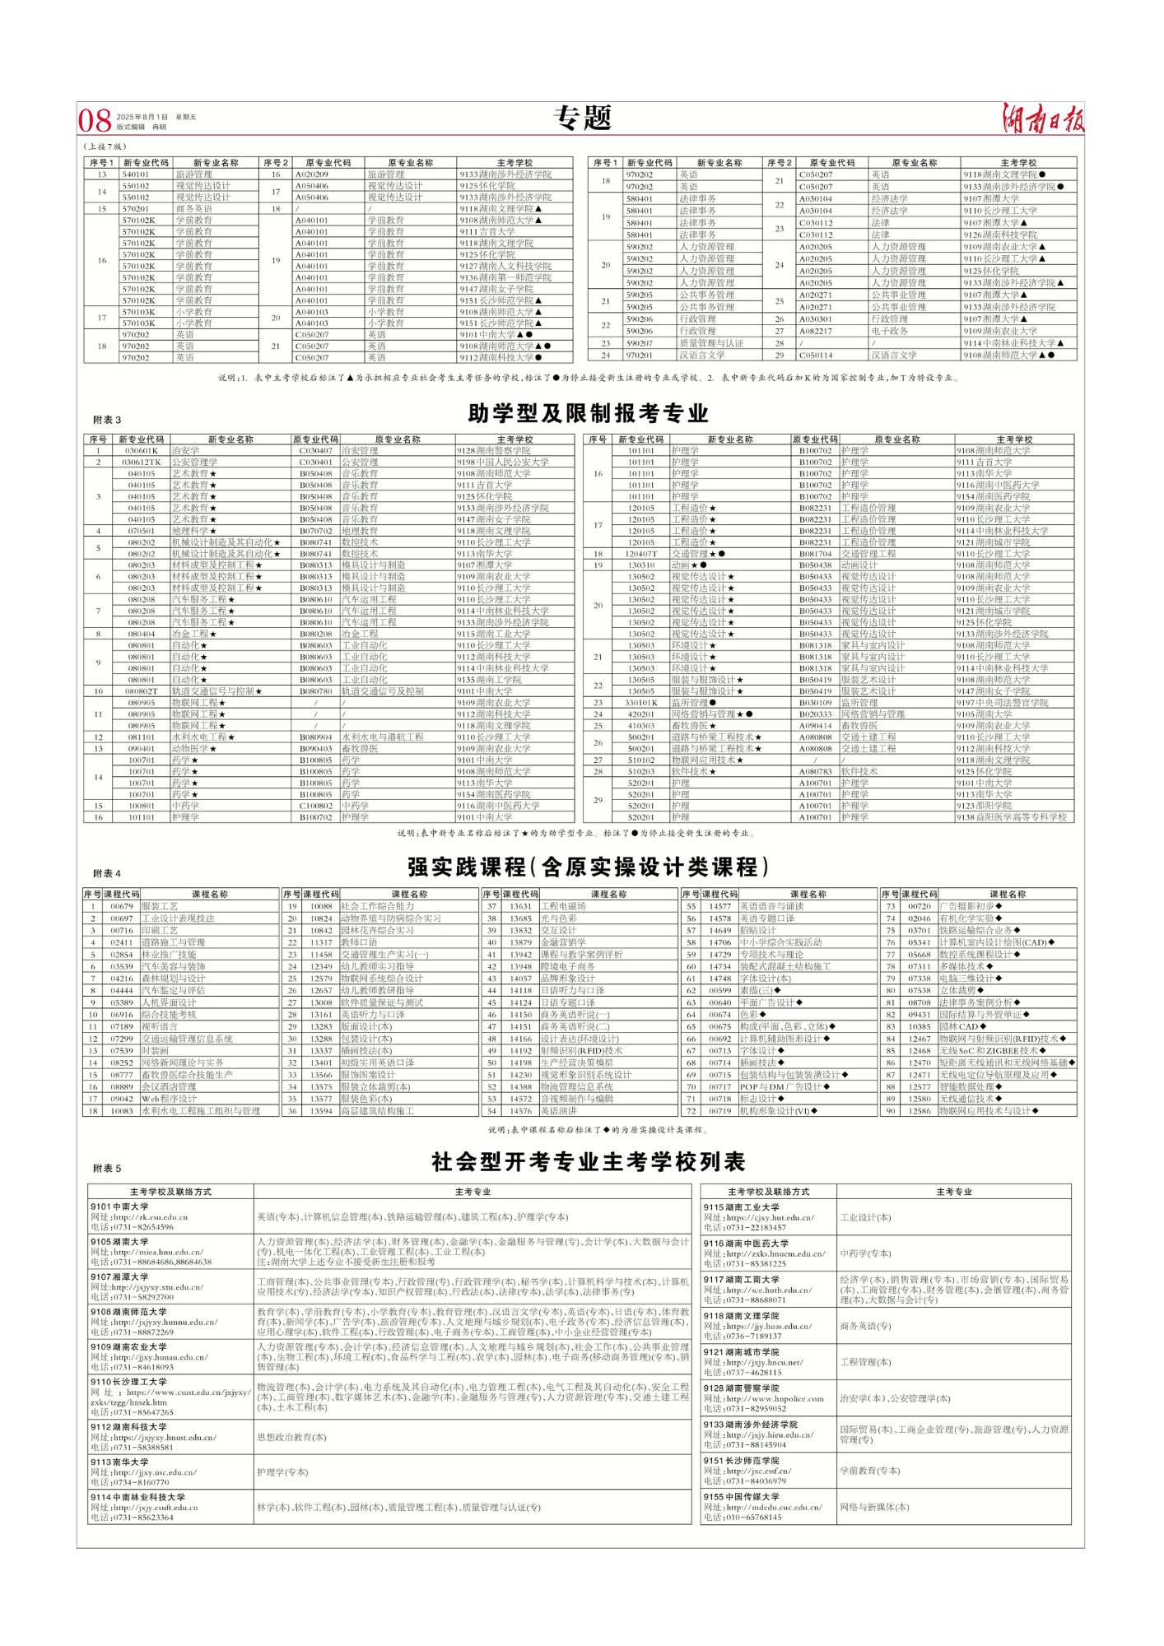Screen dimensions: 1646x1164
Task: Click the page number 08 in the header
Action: click(x=95, y=120)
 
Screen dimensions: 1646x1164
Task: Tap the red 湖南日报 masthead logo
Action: click(x=1042, y=119)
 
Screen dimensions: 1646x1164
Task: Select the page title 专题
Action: click(x=582, y=119)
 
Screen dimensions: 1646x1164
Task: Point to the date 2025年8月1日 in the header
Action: click(x=142, y=117)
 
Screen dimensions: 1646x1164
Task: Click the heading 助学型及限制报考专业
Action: click(x=588, y=413)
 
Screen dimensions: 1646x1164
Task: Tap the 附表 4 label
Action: click(x=107, y=873)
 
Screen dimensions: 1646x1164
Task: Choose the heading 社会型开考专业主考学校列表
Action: click(x=588, y=1162)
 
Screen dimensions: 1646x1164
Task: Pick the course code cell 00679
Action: click(x=122, y=906)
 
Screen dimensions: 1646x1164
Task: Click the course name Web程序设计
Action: click(x=170, y=1099)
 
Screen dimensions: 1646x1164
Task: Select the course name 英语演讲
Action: click(x=559, y=1111)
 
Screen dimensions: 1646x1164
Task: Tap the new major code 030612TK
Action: click(x=142, y=463)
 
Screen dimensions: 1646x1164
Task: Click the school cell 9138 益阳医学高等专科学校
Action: click(x=1012, y=817)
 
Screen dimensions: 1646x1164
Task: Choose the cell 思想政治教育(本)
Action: click(x=291, y=1437)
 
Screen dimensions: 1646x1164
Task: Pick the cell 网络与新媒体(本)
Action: click(x=874, y=1507)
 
